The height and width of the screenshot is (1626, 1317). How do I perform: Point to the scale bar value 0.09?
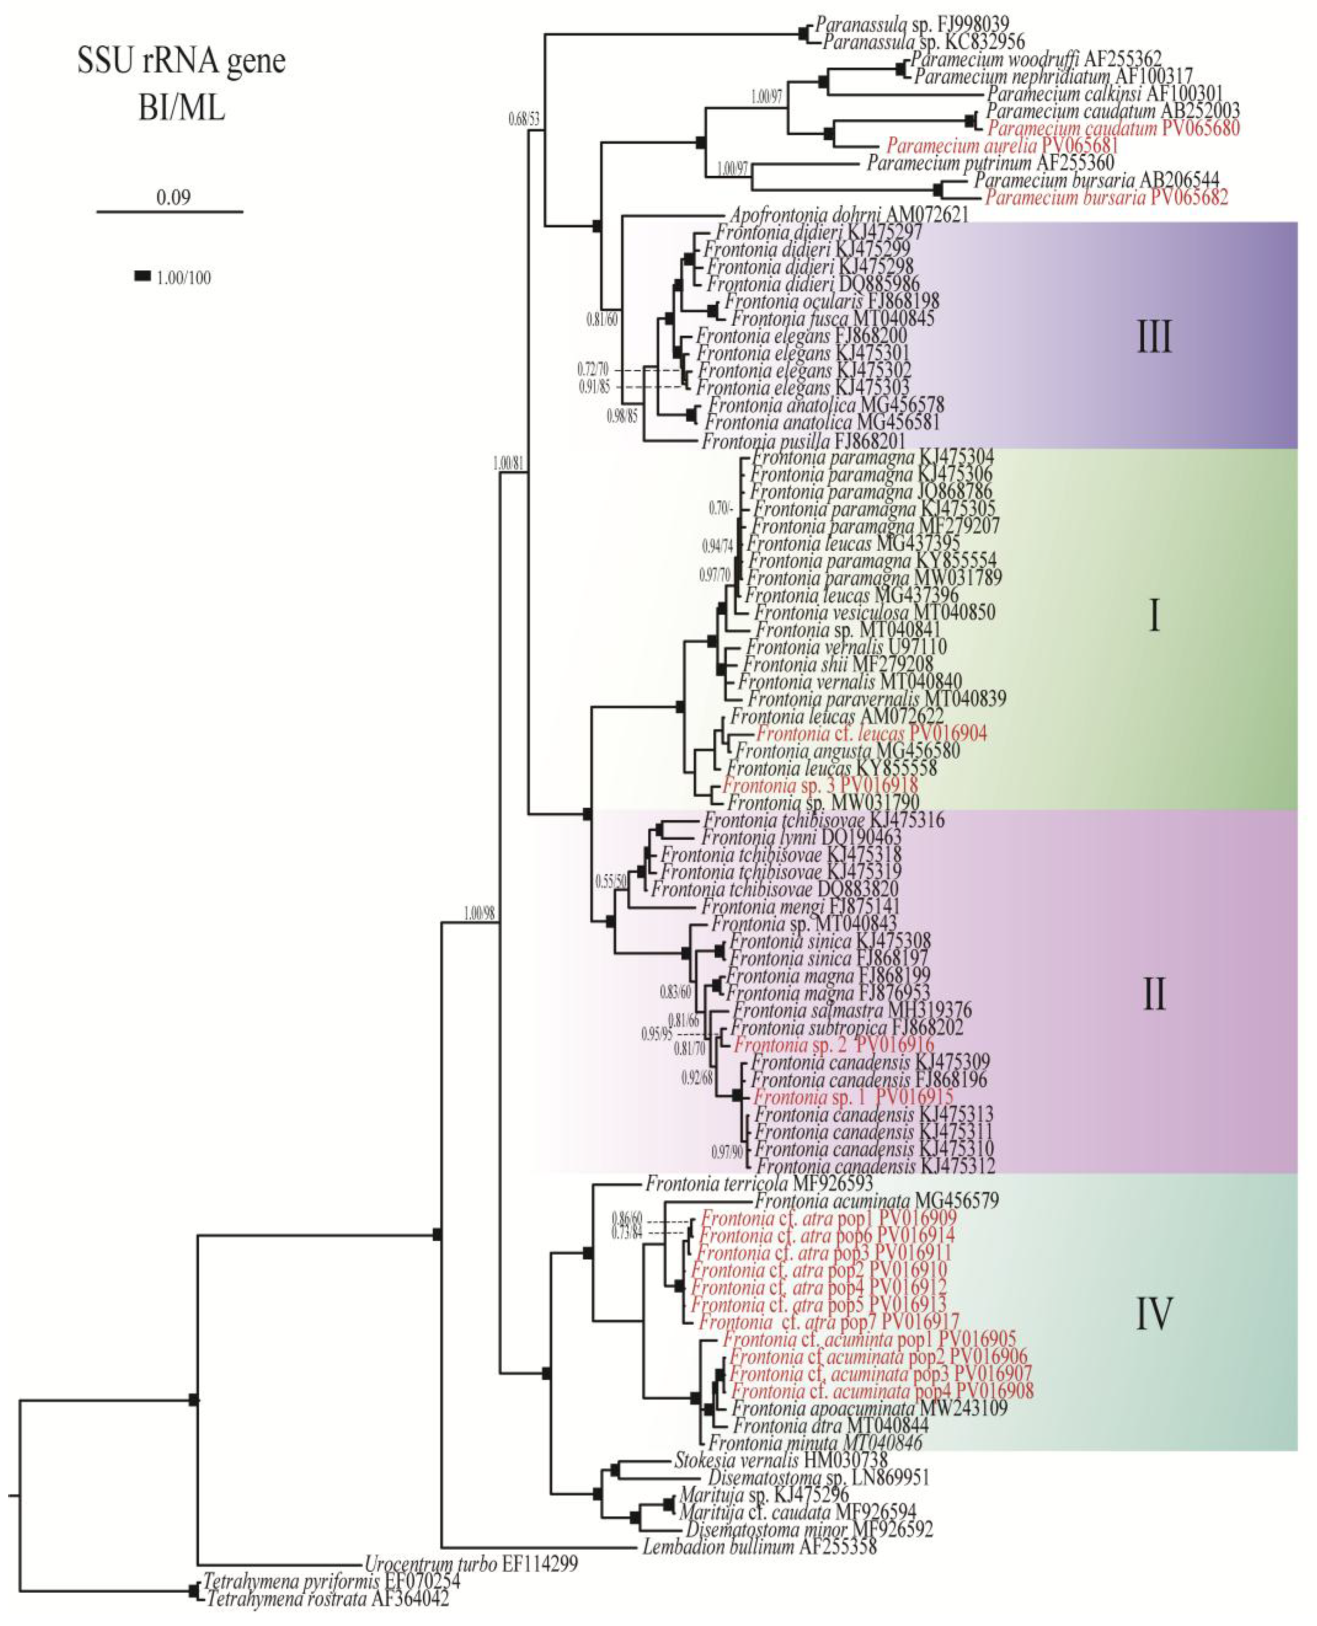[x=174, y=198]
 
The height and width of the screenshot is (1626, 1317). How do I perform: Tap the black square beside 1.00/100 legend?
[x=142, y=277]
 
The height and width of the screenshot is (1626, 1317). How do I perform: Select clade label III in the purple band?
[x=1154, y=338]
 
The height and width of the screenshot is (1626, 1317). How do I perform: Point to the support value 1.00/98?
[x=479, y=914]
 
